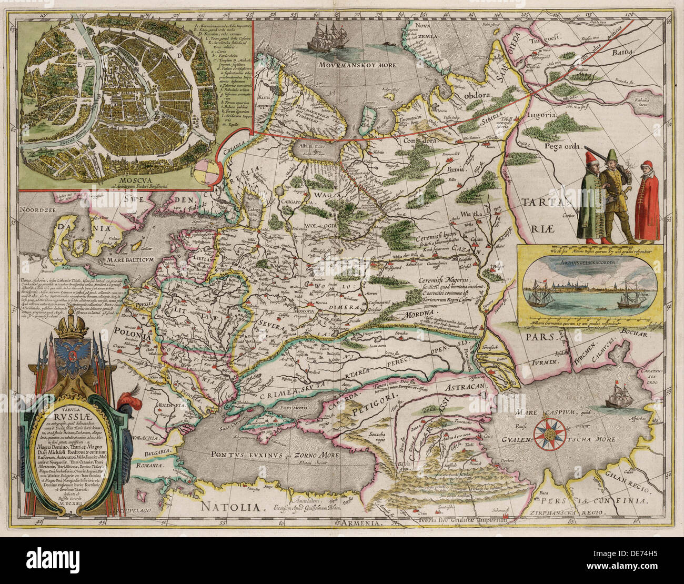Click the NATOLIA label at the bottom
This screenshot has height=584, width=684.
232,507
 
